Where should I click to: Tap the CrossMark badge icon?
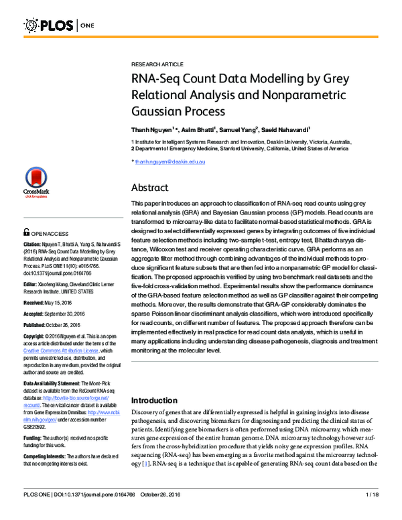pos(36,181)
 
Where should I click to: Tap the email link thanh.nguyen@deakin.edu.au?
pos(170,162)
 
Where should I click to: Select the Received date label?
pos(37,302)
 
